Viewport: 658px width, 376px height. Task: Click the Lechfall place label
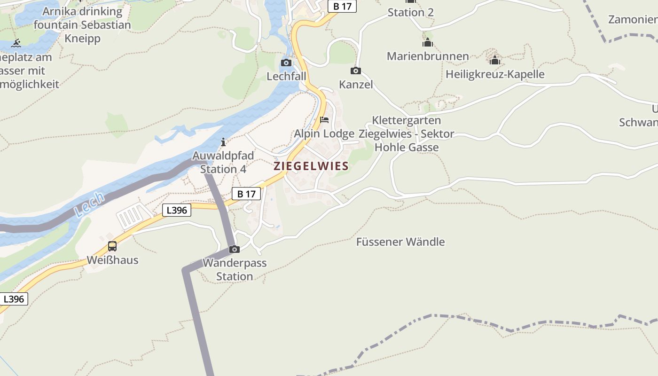coord(286,76)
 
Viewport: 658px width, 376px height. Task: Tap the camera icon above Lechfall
coord(286,63)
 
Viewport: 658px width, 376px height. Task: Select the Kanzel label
coord(356,85)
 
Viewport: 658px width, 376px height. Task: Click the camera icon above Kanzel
coord(356,71)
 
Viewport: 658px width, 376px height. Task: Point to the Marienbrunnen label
coord(428,56)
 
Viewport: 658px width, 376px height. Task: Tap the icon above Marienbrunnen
coord(428,43)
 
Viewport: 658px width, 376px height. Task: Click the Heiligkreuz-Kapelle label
coord(495,74)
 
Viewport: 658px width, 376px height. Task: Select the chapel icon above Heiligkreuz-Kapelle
coord(494,60)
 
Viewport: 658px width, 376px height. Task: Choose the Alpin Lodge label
coord(324,134)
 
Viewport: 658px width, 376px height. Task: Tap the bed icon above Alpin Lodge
coord(324,120)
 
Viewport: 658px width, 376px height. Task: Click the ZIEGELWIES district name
coord(311,166)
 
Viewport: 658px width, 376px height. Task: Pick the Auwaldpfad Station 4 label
coord(223,162)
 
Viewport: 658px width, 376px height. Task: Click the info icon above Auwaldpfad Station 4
coord(223,142)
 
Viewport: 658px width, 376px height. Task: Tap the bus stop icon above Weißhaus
coord(112,246)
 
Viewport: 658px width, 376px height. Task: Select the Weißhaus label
coord(112,260)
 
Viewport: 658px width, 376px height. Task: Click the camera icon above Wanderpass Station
coord(234,249)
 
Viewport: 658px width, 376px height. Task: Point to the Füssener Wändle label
coord(400,242)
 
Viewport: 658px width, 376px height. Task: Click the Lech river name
coord(89,204)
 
